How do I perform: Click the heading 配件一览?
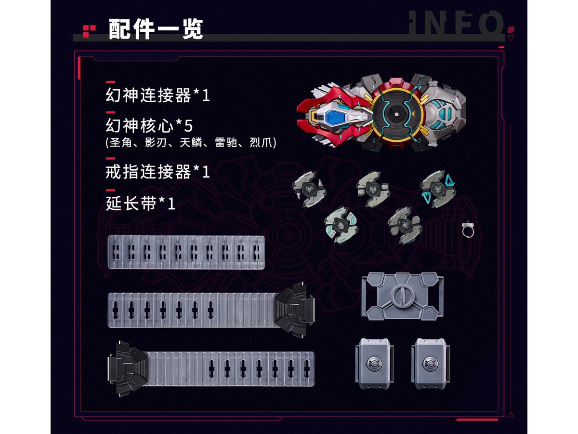click(x=156, y=29)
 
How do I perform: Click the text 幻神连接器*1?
click(x=158, y=95)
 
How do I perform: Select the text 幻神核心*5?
click(x=149, y=126)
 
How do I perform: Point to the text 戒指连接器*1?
click(x=158, y=172)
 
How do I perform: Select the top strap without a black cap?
click(x=186, y=252)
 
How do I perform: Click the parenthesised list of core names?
click(x=190, y=143)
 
